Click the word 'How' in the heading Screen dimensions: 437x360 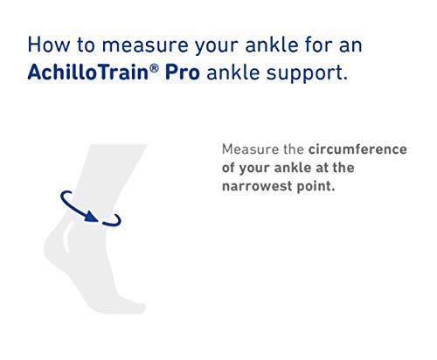[49, 45]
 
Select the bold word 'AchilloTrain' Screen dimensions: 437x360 [88, 72]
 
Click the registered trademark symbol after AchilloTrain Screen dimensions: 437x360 [155, 68]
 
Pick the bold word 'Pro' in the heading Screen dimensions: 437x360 [183, 72]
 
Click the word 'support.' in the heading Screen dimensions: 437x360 [307, 73]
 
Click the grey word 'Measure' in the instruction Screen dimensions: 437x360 [250, 149]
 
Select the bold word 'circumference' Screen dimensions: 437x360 [357, 149]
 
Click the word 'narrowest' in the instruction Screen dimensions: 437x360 [256, 186]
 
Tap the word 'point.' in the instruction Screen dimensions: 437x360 [316, 187]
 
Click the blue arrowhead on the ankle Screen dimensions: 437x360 [92, 217]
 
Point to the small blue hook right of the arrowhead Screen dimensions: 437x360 [114, 222]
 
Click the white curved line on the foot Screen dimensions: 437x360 [67, 237]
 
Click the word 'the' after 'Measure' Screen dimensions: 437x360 [294, 149]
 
